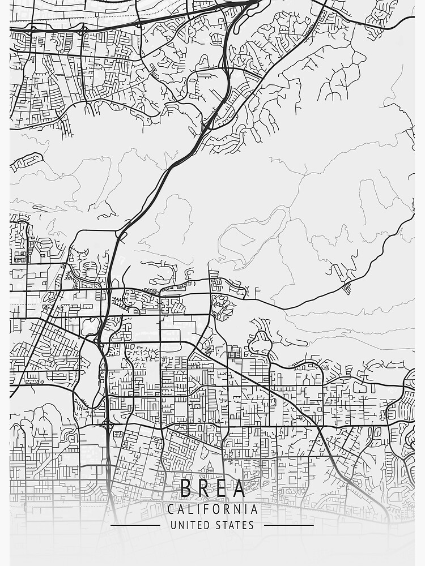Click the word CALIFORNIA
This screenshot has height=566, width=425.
212,509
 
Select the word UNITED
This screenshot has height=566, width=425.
191,525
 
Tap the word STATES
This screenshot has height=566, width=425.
235,525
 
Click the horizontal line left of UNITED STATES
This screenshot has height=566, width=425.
135,525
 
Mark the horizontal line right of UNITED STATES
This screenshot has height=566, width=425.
289,525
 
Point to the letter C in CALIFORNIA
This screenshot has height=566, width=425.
171,509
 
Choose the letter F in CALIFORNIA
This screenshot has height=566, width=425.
204,509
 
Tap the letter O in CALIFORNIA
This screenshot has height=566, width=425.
214,509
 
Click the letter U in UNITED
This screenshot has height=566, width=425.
173,525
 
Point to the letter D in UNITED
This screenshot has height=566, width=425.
208,525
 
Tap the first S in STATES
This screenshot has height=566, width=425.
218,525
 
